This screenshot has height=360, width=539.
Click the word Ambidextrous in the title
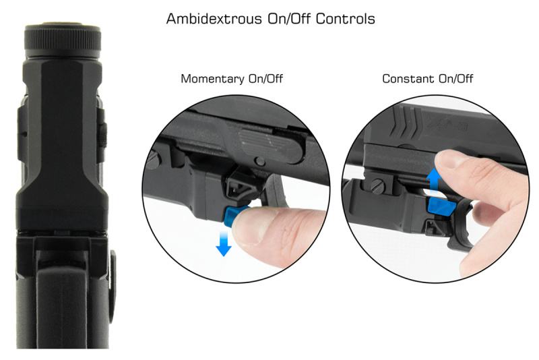[214, 19]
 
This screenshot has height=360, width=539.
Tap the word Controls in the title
[345, 19]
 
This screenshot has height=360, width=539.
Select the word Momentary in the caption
[213, 79]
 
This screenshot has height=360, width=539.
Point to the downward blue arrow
[224, 243]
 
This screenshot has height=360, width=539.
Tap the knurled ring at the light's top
[63, 40]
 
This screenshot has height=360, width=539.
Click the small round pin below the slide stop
[260, 161]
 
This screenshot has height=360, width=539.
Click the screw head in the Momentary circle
[154, 160]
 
